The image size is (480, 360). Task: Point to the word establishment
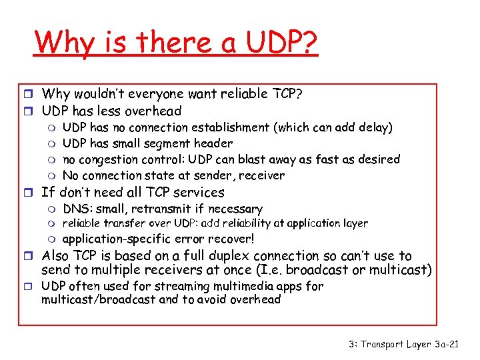tap(229, 127)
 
